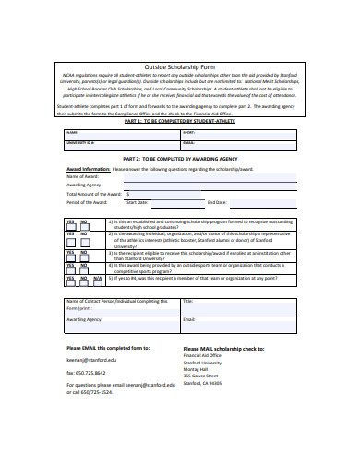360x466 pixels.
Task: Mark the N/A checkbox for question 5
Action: pos(99,280)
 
